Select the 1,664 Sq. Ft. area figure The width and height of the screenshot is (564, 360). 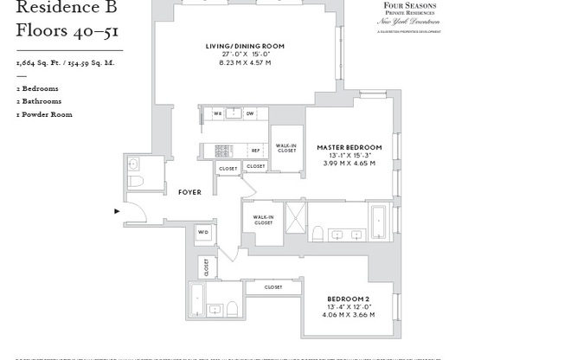tap(36, 64)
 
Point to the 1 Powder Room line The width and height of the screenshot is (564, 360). tap(44, 114)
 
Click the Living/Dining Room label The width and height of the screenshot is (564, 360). tap(245, 46)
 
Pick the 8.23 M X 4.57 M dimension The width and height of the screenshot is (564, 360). tap(245, 63)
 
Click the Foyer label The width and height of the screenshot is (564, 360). tap(189, 192)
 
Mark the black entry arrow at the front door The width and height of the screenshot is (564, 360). tap(118, 210)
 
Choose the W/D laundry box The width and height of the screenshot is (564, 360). tap(203, 232)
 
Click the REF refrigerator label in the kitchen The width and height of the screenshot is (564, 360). tap(255, 151)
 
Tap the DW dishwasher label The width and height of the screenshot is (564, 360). tap(249, 113)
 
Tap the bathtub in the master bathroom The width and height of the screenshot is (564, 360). tap(379, 222)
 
